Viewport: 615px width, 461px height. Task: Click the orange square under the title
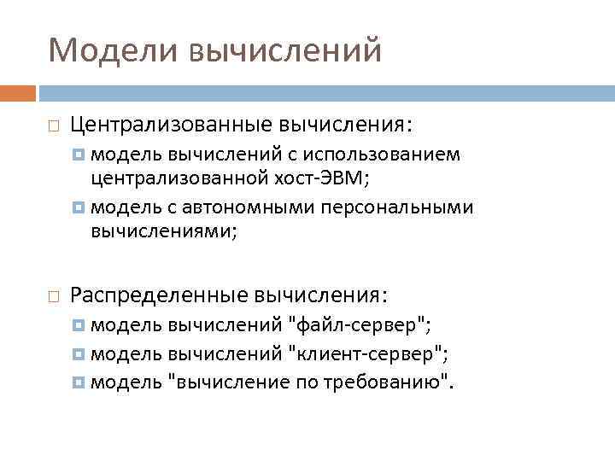18,92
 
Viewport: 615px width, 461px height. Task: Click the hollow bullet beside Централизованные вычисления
53,126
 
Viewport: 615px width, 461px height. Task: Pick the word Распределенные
158,295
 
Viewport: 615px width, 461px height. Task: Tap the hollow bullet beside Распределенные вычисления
53,295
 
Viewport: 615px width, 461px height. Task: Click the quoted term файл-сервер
358,325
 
